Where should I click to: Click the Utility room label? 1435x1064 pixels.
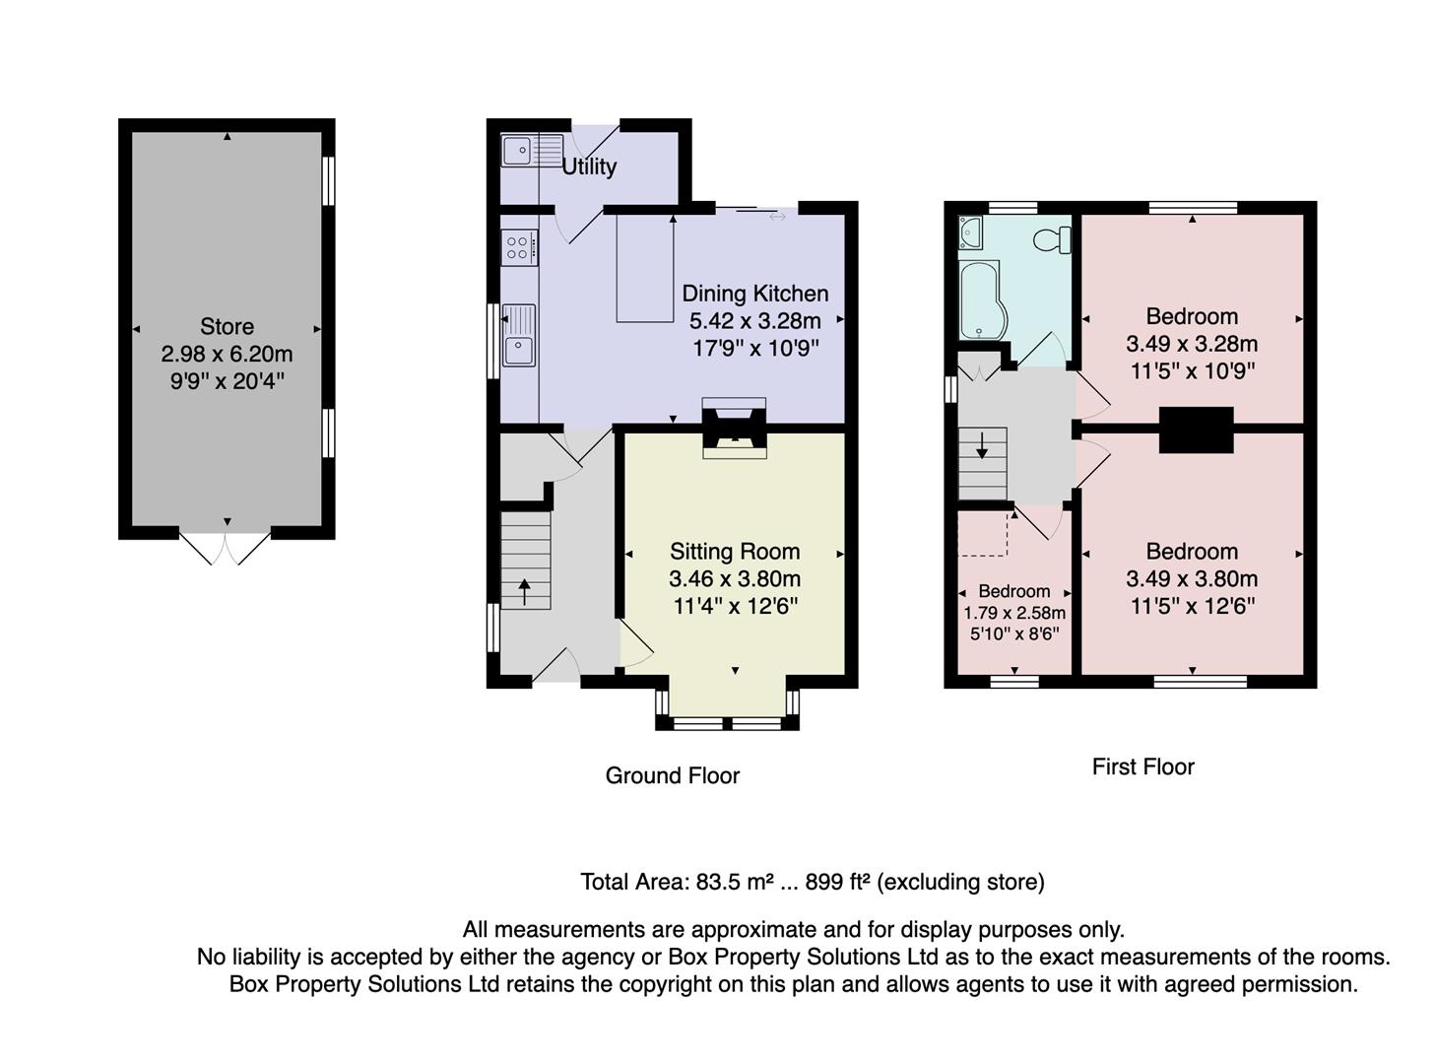pyautogui.click(x=589, y=166)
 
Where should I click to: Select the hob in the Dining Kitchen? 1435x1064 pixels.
pyautogui.click(x=519, y=247)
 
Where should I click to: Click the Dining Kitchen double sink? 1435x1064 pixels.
pyautogui.click(x=519, y=336)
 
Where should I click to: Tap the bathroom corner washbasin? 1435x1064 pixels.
pyautogui.click(x=970, y=232)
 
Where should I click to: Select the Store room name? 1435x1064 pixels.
pyautogui.click(x=227, y=326)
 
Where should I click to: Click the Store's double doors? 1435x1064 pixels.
pyautogui.click(x=226, y=548)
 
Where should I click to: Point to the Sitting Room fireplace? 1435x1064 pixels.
pyautogui.click(x=734, y=431)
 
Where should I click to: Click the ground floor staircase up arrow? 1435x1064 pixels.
pyautogui.click(x=524, y=591)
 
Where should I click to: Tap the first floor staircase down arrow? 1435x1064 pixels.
pyautogui.click(x=982, y=446)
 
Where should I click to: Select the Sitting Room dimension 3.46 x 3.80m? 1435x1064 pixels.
pyautogui.click(x=734, y=579)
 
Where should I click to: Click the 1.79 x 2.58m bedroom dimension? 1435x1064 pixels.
pyautogui.click(x=1013, y=613)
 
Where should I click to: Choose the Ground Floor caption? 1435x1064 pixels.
pyautogui.click(x=672, y=775)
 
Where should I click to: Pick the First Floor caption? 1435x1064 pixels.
pyautogui.click(x=1142, y=766)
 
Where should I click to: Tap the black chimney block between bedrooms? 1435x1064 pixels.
pyautogui.click(x=1196, y=430)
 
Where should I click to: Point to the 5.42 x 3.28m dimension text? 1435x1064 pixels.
pyautogui.click(x=754, y=320)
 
